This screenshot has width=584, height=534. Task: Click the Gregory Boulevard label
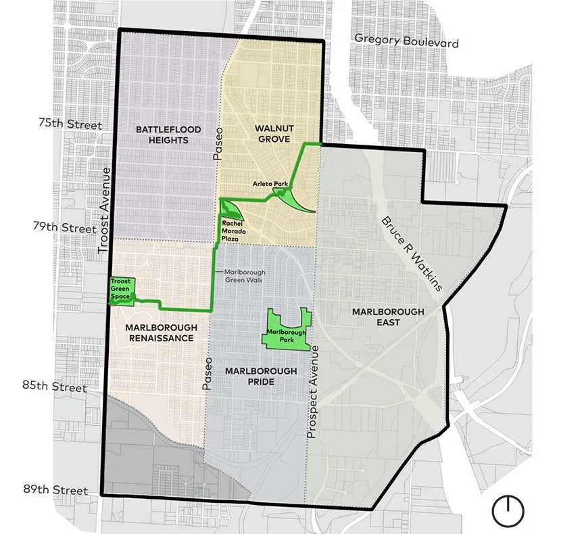[x=406, y=41]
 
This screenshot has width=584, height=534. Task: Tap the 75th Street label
[x=71, y=124]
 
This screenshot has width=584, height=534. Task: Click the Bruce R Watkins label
[x=412, y=253]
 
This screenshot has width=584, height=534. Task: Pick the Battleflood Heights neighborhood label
[x=162, y=135]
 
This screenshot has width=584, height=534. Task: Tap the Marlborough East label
[x=388, y=316]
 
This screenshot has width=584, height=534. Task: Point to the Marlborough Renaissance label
[x=161, y=333]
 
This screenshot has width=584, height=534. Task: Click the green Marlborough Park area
[x=286, y=332]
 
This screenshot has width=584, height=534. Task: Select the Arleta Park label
[x=266, y=183]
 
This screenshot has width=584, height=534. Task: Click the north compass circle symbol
[x=508, y=511]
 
